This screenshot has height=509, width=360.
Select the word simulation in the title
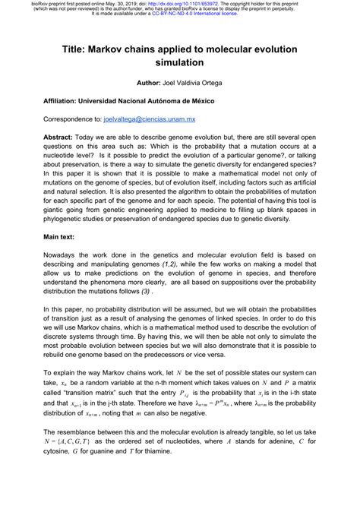180,62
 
